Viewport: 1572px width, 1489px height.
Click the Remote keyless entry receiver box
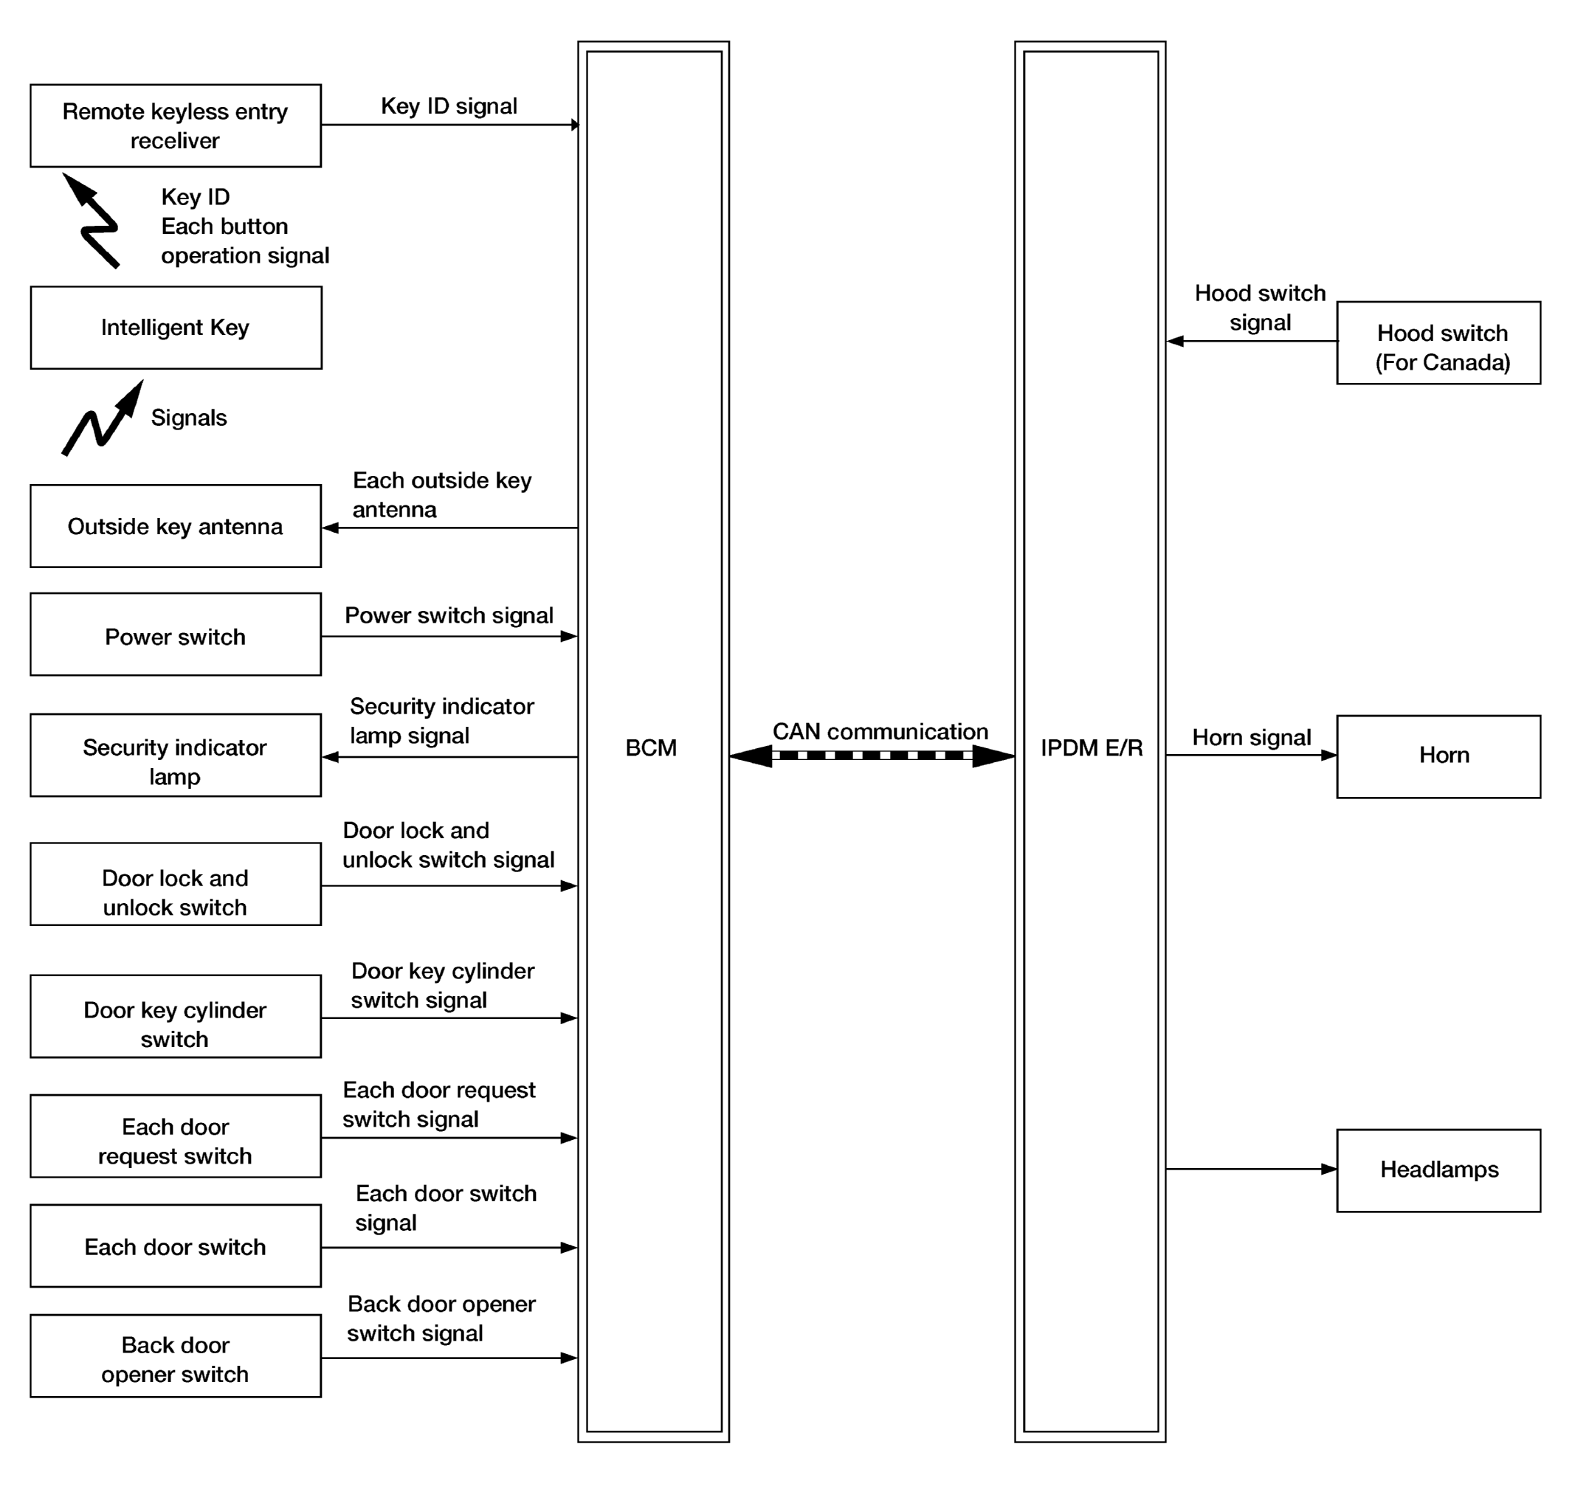point(176,125)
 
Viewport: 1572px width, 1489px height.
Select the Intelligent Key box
point(176,328)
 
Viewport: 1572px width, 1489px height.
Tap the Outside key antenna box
point(176,526)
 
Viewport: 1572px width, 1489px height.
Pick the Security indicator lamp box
point(176,756)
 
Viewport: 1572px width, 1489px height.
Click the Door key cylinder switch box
point(176,1017)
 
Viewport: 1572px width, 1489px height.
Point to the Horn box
point(1438,756)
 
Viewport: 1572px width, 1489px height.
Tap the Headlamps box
point(1438,1171)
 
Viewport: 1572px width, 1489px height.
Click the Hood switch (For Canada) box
point(1438,343)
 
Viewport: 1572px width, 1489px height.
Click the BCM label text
point(651,747)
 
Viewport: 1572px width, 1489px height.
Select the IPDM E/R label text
point(1092,747)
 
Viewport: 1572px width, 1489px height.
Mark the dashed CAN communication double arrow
point(872,756)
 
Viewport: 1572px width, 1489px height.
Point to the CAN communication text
point(880,731)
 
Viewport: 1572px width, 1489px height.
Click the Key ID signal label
point(449,106)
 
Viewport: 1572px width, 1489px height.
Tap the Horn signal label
point(1251,737)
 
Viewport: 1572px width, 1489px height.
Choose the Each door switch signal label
point(446,1207)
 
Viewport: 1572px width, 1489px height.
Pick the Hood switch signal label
point(1260,308)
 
